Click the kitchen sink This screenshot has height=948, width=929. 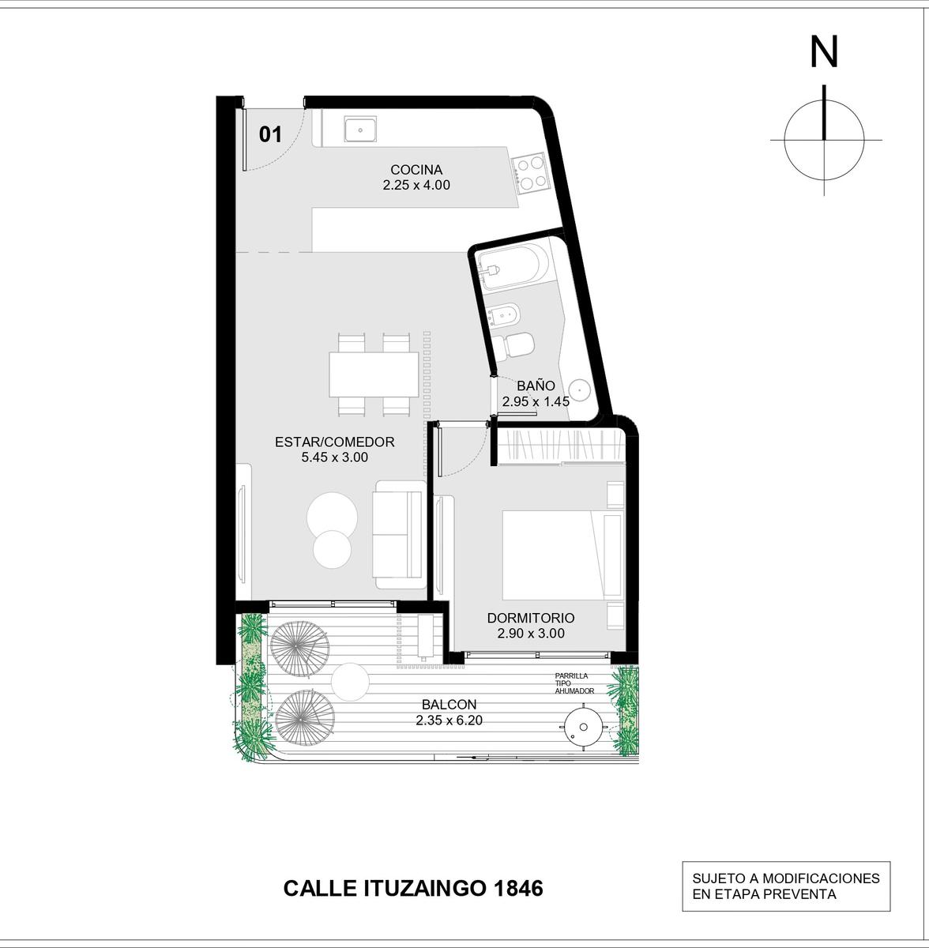[360, 130]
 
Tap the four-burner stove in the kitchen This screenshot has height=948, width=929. [529, 173]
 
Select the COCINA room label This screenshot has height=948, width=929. [416, 170]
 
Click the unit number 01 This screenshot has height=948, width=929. [271, 134]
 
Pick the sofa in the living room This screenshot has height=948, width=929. [400, 534]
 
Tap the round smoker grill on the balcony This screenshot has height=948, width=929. [584, 727]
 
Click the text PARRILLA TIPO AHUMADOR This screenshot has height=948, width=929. [574, 683]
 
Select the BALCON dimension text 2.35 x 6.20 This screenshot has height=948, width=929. [449, 720]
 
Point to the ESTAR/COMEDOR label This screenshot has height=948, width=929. [335, 442]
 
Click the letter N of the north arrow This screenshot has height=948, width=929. [824, 53]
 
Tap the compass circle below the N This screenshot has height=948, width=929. [784, 140]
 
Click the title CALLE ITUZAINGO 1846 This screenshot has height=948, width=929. [413, 889]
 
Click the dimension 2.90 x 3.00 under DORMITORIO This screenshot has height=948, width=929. [530, 633]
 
